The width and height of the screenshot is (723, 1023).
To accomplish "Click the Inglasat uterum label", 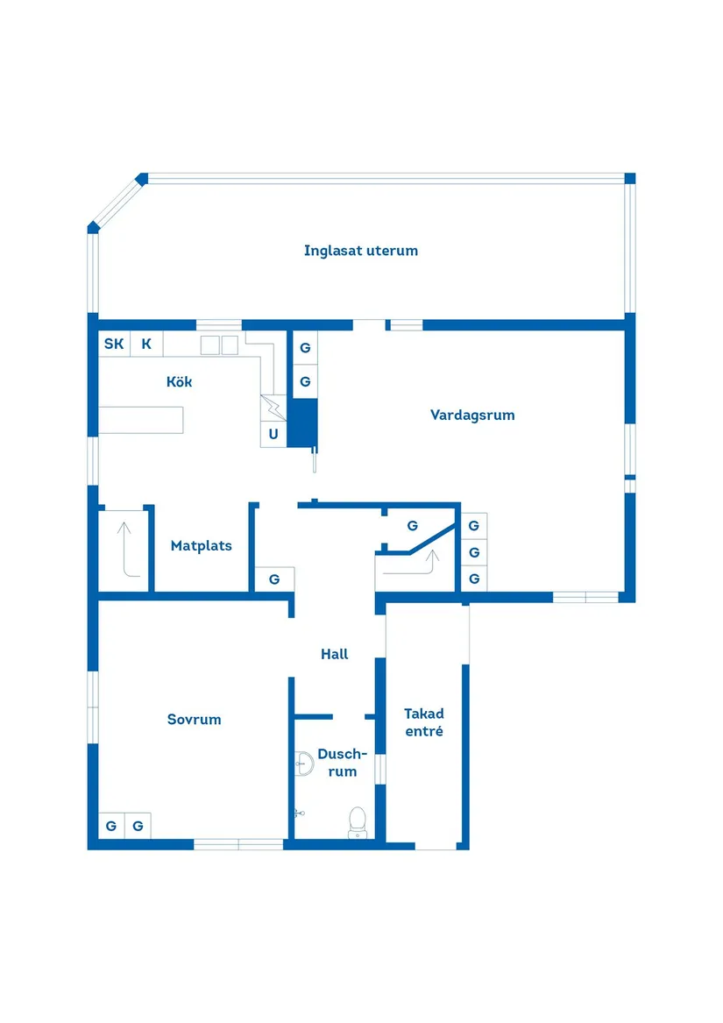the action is point(361,251).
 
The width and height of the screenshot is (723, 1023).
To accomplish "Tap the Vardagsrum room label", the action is point(472,415).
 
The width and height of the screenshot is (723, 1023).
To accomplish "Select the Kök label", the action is point(179,381).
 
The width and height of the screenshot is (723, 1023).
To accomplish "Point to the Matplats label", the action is point(201,545).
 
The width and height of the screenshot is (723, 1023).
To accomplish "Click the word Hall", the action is point(334,654).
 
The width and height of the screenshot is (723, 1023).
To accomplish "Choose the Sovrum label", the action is point(194,719).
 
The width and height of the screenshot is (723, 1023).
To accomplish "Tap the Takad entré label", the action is point(424,722).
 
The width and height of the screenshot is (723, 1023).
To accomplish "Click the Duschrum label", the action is point(343,762).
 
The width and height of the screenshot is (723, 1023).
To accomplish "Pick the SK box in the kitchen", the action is point(114,344).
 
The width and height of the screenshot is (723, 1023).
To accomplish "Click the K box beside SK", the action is point(147,344).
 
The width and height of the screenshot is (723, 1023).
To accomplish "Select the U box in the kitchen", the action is point(273,434).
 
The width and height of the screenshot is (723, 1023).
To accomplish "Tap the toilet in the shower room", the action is point(358,823).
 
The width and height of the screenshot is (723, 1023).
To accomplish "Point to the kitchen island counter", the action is point(141,420).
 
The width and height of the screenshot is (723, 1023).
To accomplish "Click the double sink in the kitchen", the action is point(219,345).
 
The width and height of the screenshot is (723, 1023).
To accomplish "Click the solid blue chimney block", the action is point(302,423).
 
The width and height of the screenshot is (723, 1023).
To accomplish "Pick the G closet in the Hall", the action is point(274,579).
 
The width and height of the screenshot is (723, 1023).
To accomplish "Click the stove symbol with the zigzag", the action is point(273,408).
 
